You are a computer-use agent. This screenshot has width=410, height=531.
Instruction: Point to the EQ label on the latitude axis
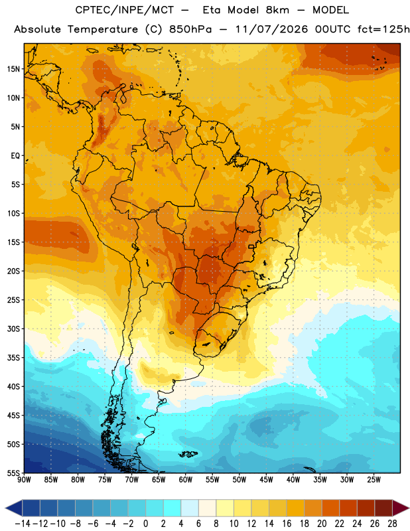[x=15, y=156]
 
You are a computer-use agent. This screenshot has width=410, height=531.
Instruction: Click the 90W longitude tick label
[x=25, y=480]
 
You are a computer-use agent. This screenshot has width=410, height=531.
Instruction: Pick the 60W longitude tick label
[x=186, y=480]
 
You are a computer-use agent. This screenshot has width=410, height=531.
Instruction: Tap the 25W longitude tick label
[x=374, y=480]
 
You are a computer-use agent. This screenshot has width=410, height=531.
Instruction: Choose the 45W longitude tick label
[x=266, y=480]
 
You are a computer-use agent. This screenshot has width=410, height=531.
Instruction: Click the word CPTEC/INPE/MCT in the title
[x=125, y=10]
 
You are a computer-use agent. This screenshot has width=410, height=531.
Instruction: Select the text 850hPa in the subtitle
[x=190, y=29]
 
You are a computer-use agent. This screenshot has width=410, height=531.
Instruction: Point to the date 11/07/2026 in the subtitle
[x=271, y=29]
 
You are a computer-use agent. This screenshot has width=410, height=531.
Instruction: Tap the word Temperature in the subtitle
[x=103, y=29]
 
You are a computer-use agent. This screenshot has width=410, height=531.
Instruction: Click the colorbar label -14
[x=23, y=524]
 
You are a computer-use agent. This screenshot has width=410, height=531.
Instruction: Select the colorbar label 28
[x=393, y=524]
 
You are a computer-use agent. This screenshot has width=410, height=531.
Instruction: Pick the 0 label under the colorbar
[x=146, y=524]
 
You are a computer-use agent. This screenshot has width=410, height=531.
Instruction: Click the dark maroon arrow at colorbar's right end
[x=401, y=508]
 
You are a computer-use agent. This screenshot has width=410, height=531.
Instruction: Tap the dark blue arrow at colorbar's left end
[x=14, y=508]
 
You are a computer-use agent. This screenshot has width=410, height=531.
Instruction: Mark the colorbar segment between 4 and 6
[x=190, y=508]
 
